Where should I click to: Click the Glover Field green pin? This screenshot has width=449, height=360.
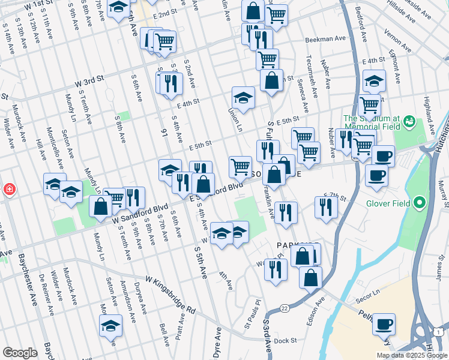pos(420,203)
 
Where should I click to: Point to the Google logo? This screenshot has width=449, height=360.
pos(20,353)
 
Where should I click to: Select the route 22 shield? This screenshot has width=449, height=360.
pos(283,308)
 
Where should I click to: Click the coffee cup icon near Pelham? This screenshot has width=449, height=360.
pos(384,324)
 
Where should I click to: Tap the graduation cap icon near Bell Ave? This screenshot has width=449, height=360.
pos(110,326)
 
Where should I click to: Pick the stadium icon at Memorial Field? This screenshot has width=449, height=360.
pos(410,122)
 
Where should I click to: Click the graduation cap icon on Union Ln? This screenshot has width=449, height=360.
pos(243,98)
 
